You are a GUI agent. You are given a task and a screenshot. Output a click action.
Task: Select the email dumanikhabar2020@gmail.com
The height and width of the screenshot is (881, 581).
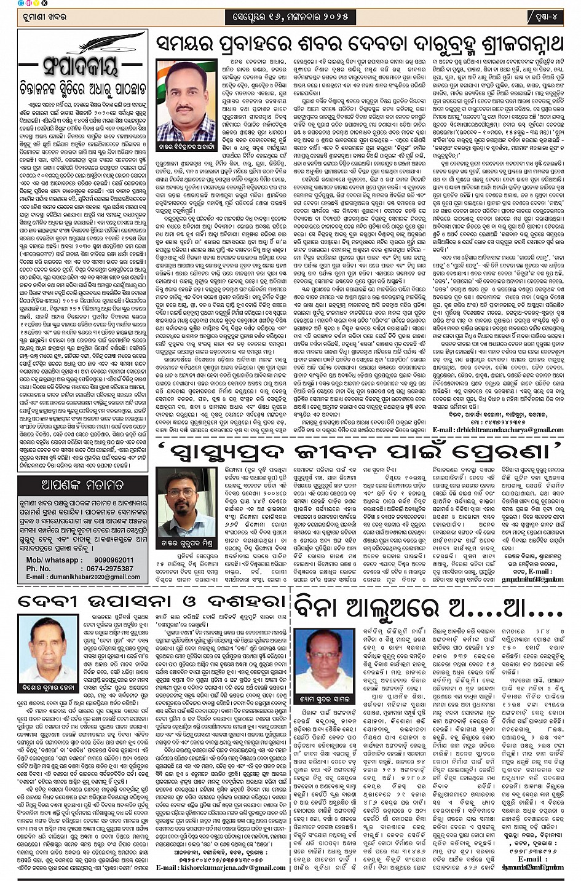point(83,577)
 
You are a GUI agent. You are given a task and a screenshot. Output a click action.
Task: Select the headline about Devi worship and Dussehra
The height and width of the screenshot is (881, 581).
point(152,600)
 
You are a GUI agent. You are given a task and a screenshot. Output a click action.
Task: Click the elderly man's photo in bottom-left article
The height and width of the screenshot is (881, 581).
point(47,644)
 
